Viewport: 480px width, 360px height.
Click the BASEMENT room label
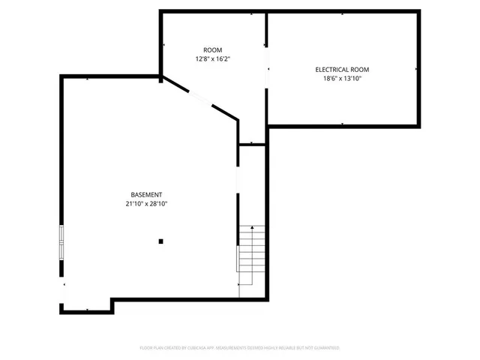146,195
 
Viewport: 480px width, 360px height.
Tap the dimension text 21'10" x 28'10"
146,204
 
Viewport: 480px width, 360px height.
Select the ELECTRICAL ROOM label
342,70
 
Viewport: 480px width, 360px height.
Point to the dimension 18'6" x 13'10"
342,79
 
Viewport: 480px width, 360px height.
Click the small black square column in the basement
160,241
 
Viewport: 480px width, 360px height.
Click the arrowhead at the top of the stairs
252,226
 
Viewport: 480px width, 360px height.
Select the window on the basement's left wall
62,241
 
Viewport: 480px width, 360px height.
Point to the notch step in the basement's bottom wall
112,304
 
